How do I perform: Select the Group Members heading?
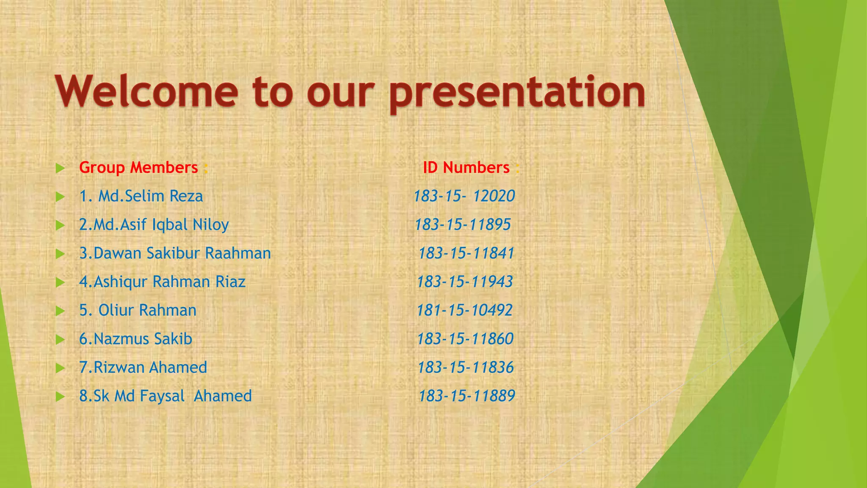tap(138, 168)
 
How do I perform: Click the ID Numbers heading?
tap(466, 168)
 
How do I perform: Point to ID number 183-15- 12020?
tap(464, 196)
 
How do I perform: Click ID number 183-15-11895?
tap(463, 225)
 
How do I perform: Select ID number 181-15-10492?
tap(464, 311)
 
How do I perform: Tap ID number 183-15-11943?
tap(465, 282)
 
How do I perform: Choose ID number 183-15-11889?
tap(467, 396)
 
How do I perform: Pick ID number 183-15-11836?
tap(466, 367)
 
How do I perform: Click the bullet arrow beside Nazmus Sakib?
tap(60, 339)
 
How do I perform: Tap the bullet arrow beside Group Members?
tap(60, 168)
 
